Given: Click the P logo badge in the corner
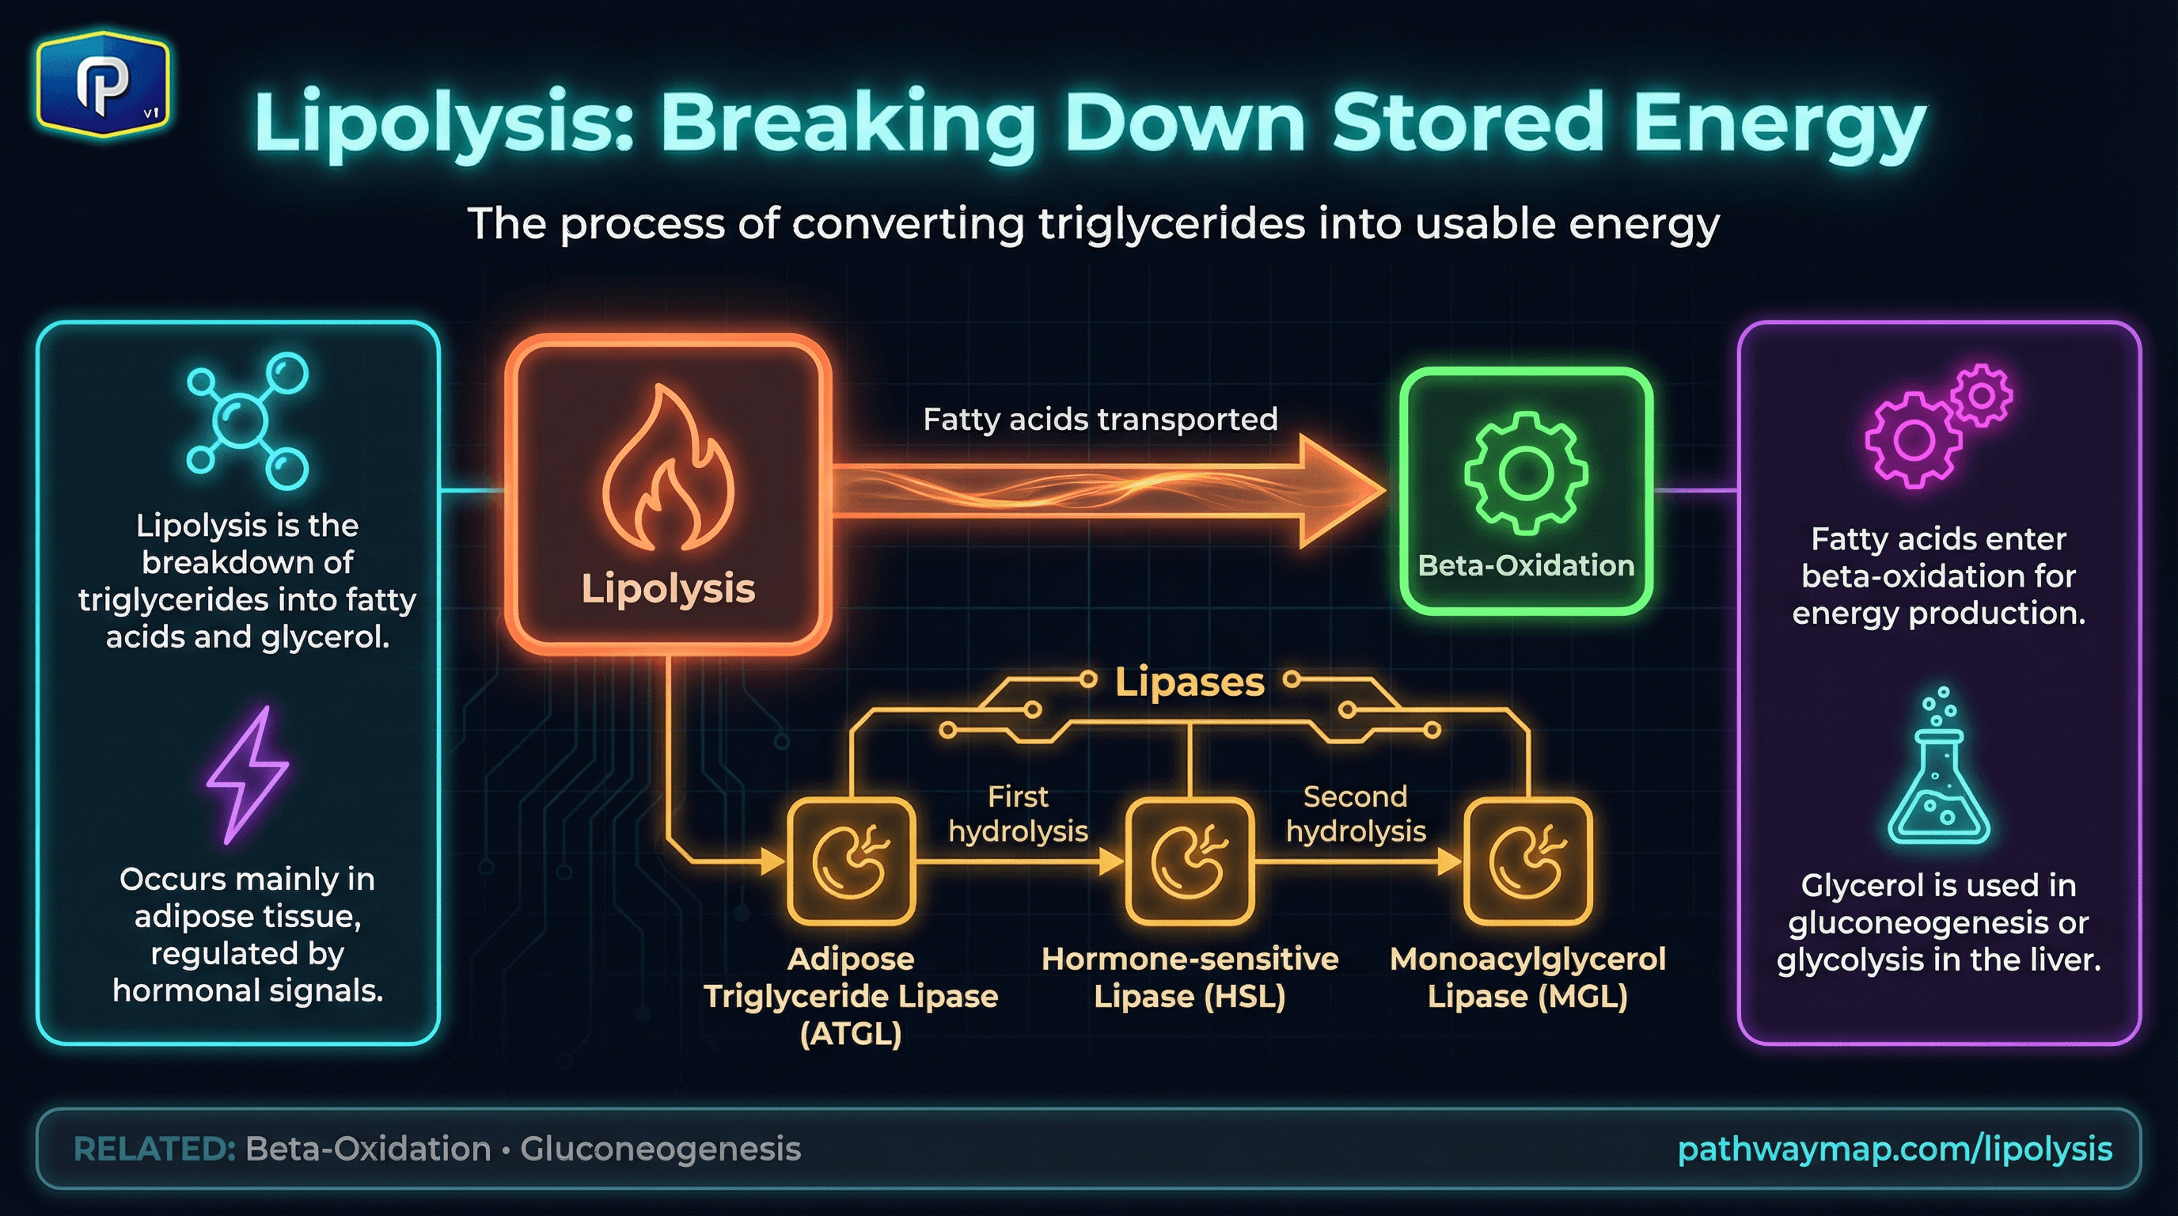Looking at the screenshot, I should pos(102,84).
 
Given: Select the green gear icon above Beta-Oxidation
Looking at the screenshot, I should pos(1525,473).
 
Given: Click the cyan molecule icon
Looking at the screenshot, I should pos(247,420).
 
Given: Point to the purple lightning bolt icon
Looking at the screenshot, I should pos(248,774).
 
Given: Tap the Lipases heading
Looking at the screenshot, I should pos(1189,682).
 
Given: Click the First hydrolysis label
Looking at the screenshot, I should pos(1018,814).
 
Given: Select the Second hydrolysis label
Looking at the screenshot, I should pos(1356,814).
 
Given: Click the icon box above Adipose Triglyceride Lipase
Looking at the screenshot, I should pos(851,861).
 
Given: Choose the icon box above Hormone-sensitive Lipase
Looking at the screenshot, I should pos(1190,861).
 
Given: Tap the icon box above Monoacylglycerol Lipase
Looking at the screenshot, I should pos(1527,861).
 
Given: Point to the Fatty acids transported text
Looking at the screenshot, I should pos(1099,420).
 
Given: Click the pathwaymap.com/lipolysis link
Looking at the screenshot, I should pos(1894,1149).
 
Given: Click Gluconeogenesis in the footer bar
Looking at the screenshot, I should pos(659,1149).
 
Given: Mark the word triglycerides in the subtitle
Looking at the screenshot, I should pos(1172,224).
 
